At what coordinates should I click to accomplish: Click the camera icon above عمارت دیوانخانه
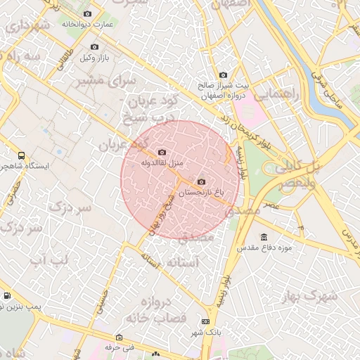pyautogui.click(x=87, y=14)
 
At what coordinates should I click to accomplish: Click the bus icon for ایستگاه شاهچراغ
pyautogui.click(x=21, y=155)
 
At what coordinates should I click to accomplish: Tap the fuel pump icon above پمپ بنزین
pyautogui.click(x=7, y=296)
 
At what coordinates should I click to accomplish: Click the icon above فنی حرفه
pyautogui.click(x=119, y=337)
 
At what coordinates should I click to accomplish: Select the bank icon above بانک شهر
pyautogui.click(x=205, y=321)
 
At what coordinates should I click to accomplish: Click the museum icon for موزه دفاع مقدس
pyautogui.click(x=264, y=237)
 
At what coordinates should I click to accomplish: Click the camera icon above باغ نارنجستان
pyautogui.click(x=202, y=181)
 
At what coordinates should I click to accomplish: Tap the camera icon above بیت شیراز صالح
pyautogui.click(x=223, y=75)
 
